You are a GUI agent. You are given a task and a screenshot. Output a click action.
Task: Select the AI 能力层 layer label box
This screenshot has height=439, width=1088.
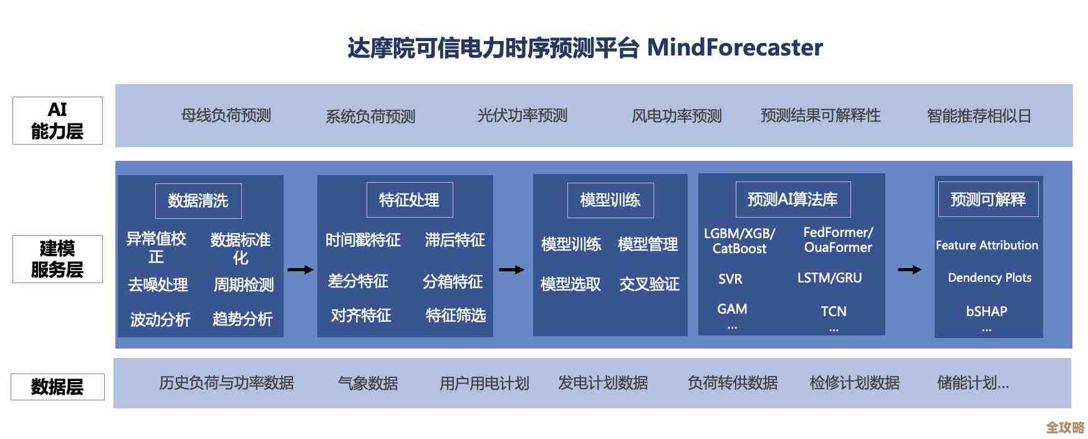57,120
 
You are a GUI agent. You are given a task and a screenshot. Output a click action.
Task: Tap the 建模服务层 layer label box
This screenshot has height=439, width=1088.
57,259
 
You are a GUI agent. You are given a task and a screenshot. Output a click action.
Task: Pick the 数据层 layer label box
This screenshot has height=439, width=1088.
57,387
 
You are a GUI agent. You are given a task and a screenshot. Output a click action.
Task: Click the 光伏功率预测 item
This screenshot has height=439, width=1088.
522,115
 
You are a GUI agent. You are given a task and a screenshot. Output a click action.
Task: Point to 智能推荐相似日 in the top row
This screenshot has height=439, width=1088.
978,116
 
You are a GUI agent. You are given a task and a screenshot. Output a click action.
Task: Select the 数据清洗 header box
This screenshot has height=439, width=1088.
198,201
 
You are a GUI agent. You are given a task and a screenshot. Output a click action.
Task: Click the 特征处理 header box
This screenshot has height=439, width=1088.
410,200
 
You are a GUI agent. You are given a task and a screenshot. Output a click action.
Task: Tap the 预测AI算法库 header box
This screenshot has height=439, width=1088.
792,200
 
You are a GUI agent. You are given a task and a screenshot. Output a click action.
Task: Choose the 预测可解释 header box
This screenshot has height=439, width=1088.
988,200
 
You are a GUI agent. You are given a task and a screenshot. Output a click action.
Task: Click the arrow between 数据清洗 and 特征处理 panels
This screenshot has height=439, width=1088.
300,269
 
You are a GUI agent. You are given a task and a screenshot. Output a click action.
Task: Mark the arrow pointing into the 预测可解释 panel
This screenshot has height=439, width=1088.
909,269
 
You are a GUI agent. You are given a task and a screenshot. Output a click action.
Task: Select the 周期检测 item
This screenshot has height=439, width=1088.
244,285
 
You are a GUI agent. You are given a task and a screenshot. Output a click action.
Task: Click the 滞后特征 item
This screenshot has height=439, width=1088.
455,240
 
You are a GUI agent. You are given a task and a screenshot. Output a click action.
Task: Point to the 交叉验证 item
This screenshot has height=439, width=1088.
649,284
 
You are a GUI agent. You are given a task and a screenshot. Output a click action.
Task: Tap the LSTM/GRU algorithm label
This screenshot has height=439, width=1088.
829,278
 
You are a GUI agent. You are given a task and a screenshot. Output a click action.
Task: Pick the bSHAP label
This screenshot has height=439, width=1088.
986,311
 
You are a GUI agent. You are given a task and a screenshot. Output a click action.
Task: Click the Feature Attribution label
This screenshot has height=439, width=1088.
986,245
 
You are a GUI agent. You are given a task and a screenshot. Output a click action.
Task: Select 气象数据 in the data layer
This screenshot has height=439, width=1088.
368,383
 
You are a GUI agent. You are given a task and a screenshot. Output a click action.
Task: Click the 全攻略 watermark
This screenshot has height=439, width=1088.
1065,427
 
